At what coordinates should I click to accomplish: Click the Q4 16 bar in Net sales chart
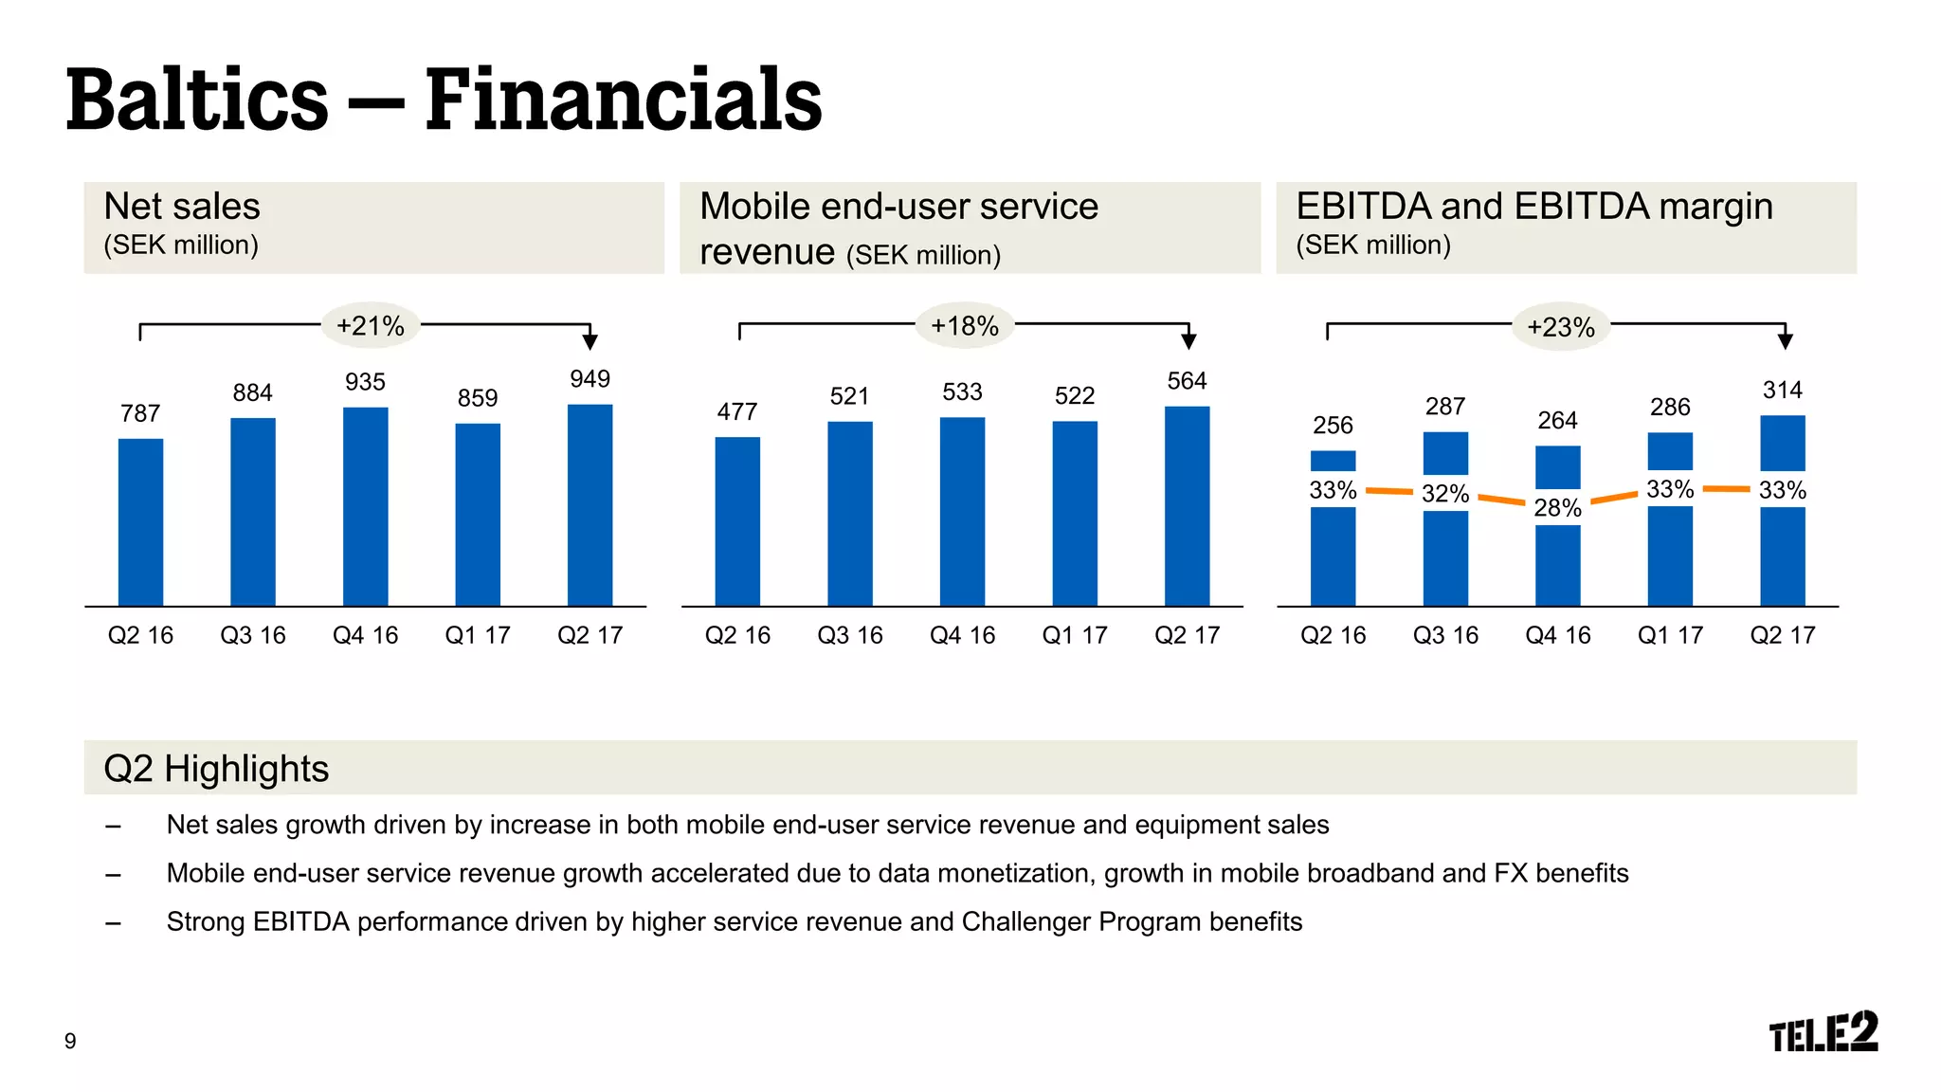365,507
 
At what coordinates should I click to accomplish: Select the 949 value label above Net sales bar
590,379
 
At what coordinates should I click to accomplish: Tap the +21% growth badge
371,326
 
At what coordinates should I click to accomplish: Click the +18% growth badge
964,326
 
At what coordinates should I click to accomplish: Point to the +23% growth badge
1560,327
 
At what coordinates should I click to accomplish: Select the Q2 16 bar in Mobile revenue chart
737,521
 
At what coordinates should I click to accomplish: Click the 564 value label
1187,381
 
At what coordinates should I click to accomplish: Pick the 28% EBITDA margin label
1557,508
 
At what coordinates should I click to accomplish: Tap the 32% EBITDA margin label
1445,494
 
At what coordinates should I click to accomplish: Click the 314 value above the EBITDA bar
1782,390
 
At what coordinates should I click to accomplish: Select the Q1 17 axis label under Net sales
478,635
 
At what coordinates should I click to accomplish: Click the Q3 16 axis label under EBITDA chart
1445,635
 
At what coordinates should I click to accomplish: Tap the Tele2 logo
1823,1032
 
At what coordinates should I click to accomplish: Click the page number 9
70,1041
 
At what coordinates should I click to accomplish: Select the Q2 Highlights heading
216,769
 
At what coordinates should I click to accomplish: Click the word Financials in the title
623,100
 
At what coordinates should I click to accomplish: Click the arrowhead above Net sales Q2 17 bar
590,341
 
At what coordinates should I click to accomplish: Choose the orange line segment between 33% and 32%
1388,491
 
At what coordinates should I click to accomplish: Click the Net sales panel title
182,207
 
